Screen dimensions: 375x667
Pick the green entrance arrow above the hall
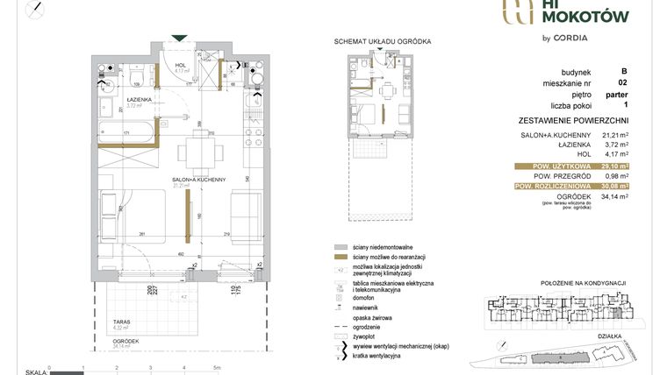point(179,38)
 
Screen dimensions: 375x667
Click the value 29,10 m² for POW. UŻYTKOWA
point(612,165)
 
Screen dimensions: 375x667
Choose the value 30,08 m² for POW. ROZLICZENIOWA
point(612,186)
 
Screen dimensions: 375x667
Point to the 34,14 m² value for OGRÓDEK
point(612,197)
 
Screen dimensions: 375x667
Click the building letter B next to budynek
point(623,72)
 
